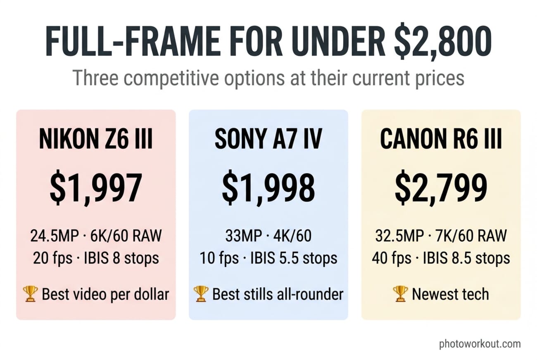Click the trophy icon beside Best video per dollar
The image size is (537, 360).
pos(31,294)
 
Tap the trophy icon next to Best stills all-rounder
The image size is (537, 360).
pos(201,294)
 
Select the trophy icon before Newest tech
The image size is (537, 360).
pos(400,294)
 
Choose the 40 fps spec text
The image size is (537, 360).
pos(391,258)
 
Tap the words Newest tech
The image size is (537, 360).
pos(450,294)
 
